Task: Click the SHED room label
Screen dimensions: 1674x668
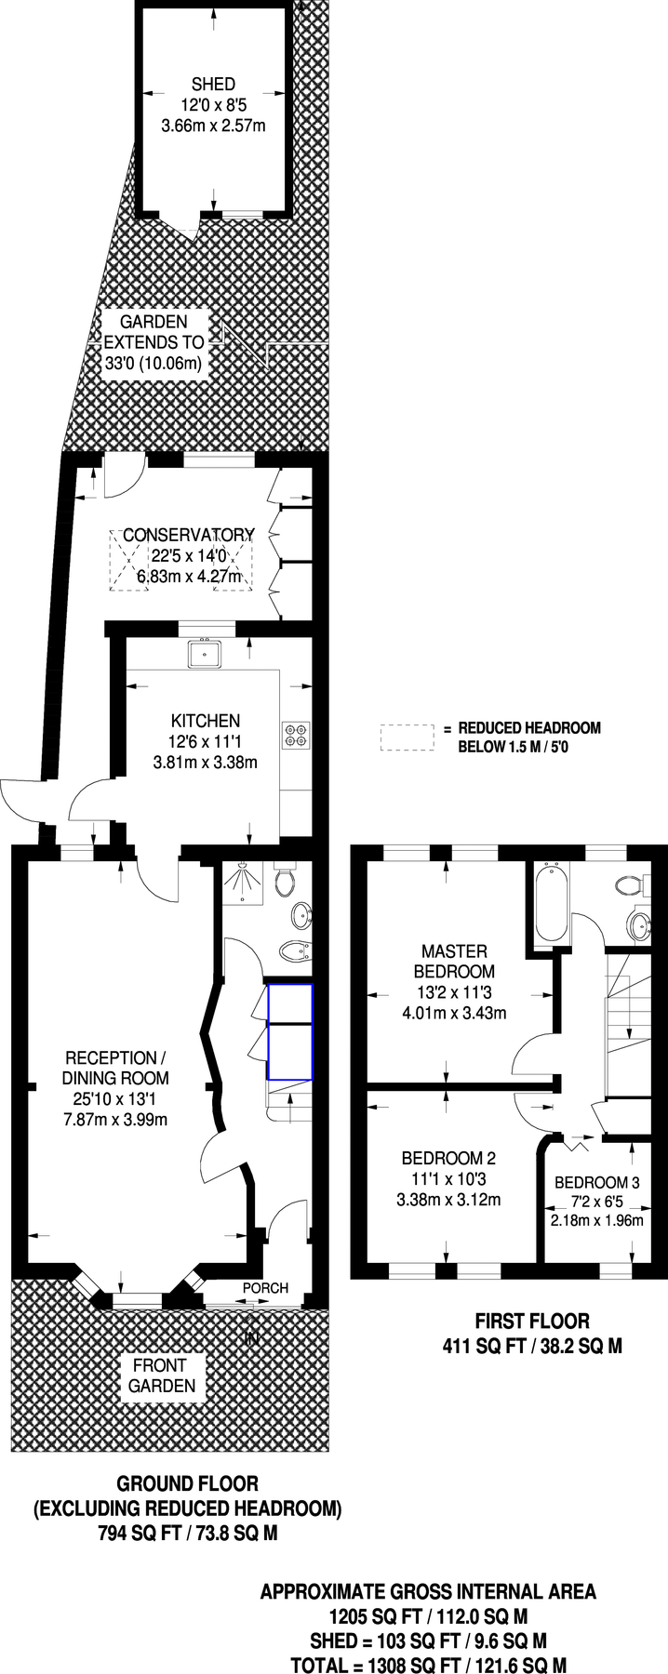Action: pyautogui.click(x=213, y=84)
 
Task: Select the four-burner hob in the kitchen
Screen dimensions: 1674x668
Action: pyautogui.click(x=297, y=735)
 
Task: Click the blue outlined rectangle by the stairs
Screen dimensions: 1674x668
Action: pyautogui.click(x=290, y=1032)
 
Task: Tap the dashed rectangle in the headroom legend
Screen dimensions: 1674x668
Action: pyautogui.click(x=407, y=737)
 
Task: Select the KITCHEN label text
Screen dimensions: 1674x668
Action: pyautogui.click(x=206, y=721)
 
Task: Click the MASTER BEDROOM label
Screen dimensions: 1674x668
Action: pyautogui.click(x=454, y=961)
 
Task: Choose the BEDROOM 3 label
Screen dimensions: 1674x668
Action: pyautogui.click(x=596, y=1182)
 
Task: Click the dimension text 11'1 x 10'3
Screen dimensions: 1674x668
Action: pyautogui.click(x=448, y=1178)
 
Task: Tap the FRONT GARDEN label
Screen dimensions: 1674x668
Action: pyautogui.click(x=164, y=1375)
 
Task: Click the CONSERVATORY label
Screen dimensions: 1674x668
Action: pyautogui.click(x=189, y=535)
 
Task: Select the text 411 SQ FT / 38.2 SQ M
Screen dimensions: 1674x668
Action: pyautogui.click(x=531, y=1345)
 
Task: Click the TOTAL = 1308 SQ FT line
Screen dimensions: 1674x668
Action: pyautogui.click(x=428, y=1665)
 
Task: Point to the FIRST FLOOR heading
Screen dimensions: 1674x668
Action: pyautogui.click(x=531, y=1321)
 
